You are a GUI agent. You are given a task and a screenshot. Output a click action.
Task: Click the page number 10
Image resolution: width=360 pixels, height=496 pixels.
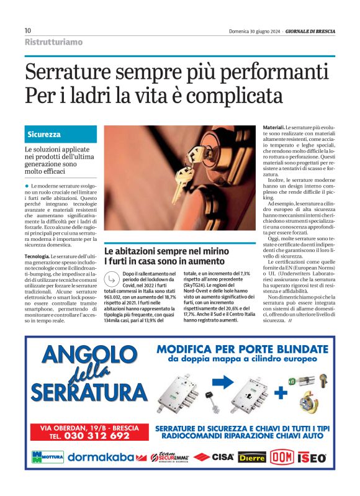[x=28, y=30]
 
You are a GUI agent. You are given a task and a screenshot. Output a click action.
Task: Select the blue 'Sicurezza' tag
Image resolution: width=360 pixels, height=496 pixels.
[x=44, y=134]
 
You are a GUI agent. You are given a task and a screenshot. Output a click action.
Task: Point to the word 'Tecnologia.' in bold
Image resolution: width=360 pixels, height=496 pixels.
[x=37, y=256]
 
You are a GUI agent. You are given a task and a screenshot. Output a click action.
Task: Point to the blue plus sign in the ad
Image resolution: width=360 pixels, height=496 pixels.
[x=281, y=392]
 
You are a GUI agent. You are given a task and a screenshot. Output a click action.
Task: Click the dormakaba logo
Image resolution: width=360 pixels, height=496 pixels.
[x=101, y=458]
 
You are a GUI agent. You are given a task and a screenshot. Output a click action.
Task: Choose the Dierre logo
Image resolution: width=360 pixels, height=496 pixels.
[x=252, y=458]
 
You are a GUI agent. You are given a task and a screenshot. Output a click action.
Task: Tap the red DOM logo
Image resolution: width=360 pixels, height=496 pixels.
[x=282, y=457]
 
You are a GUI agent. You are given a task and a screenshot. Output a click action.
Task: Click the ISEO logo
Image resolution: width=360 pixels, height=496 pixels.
[x=312, y=458]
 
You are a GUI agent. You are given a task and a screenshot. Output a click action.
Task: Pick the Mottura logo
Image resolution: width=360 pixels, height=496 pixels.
[x=47, y=458]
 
